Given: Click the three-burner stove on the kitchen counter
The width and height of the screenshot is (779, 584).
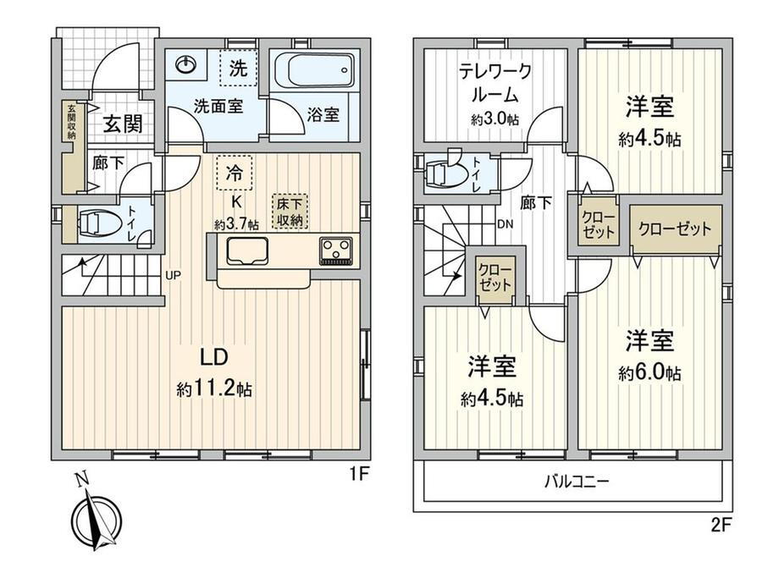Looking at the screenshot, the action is tap(336, 250).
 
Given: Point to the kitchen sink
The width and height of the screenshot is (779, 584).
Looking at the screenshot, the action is tap(247, 251).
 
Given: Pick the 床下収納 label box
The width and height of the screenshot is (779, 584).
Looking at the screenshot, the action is tap(290, 212).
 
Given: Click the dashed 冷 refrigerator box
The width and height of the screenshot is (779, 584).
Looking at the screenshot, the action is tap(235, 173).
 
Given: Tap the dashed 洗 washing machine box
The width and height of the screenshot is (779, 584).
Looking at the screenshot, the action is tap(239, 69).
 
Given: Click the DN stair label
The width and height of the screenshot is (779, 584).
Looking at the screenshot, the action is tap(506, 224).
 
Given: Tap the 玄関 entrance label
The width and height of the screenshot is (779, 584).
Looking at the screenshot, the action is tap(123, 124).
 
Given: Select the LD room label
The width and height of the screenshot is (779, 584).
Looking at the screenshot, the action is tap(213, 357).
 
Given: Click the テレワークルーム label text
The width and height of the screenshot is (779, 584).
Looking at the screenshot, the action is tap(494, 82).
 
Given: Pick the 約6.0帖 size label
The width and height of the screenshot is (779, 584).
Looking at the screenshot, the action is tap(649, 373).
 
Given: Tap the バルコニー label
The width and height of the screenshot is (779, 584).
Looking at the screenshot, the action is tap(577, 482).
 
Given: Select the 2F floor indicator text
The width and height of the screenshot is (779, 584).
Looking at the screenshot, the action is tap(721, 526).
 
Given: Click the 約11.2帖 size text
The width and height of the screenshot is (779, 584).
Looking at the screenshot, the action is tap(214, 389).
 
